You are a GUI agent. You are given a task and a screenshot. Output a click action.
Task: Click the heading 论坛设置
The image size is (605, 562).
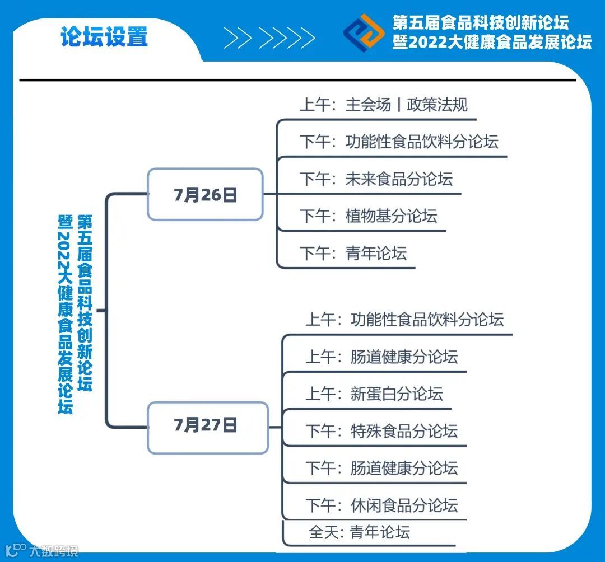[x=104, y=37]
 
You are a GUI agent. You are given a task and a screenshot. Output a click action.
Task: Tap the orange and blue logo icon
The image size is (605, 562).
[x=364, y=33]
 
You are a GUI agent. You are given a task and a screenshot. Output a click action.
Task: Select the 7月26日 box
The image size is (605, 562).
[x=205, y=194]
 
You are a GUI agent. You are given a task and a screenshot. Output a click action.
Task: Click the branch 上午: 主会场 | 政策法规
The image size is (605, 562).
[x=384, y=105]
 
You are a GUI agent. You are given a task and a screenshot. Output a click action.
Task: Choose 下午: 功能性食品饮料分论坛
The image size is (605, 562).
[x=398, y=142]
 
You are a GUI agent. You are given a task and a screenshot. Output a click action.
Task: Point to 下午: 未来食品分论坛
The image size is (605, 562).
[x=376, y=179]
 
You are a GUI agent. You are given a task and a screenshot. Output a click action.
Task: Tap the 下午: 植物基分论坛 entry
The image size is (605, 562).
[x=368, y=216]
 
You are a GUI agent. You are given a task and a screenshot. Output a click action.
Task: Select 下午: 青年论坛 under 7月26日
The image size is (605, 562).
[x=353, y=253]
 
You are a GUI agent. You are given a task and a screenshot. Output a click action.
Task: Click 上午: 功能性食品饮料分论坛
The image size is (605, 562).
[x=404, y=320]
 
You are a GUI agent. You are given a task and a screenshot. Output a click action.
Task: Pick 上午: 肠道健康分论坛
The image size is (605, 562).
[x=381, y=357]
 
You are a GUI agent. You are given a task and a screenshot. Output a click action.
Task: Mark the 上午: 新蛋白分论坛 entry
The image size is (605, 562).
[x=374, y=394]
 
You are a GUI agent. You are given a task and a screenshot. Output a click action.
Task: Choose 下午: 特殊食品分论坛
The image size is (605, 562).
[x=381, y=431]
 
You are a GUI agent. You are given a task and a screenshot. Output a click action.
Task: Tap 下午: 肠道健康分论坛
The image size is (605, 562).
[x=381, y=468]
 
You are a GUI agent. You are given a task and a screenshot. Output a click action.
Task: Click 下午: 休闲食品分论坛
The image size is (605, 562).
[x=381, y=505]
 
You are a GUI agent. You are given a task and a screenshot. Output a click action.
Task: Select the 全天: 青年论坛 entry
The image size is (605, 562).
[x=359, y=532]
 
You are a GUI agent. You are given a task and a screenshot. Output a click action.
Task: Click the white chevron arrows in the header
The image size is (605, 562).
[x=269, y=38]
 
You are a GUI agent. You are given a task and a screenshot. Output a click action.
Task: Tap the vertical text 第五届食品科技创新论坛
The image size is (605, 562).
[x=85, y=302]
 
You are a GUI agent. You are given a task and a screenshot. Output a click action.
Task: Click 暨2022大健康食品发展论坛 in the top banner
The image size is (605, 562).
[x=492, y=42]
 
